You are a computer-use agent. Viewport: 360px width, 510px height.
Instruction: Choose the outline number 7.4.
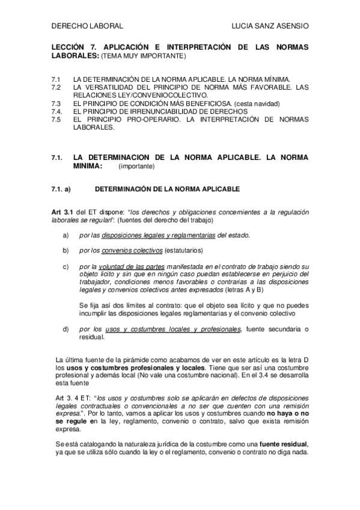point(57,111)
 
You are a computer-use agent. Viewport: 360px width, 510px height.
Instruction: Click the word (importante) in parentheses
point(136,165)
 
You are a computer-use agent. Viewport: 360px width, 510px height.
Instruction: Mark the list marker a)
point(66,235)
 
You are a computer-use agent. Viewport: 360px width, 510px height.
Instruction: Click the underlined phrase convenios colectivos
point(132,249)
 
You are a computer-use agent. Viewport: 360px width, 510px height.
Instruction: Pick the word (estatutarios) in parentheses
point(185,249)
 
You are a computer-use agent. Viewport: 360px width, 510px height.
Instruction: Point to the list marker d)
point(66,328)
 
